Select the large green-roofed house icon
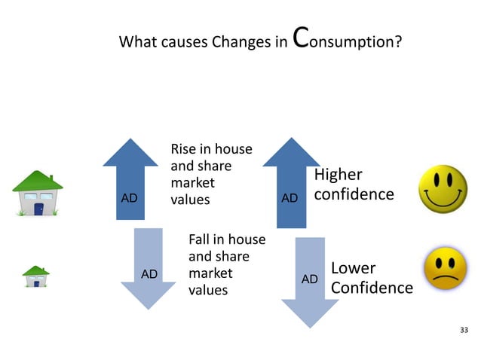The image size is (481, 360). (37, 194)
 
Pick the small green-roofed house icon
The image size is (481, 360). (35, 276)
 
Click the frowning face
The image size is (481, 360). (445, 270)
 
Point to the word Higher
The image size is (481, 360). (338, 175)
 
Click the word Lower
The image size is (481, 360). (353, 268)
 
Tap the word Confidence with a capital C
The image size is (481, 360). (372, 288)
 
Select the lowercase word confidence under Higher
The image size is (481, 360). (354, 194)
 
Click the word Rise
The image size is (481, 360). (185, 149)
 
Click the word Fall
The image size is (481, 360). (200, 239)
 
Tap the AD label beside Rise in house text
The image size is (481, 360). (130, 198)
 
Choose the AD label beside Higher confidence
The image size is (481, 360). (290, 198)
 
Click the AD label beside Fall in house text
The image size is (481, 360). (149, 274)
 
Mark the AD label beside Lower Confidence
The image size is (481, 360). (309, 279)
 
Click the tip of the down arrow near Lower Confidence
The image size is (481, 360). (309, 325)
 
